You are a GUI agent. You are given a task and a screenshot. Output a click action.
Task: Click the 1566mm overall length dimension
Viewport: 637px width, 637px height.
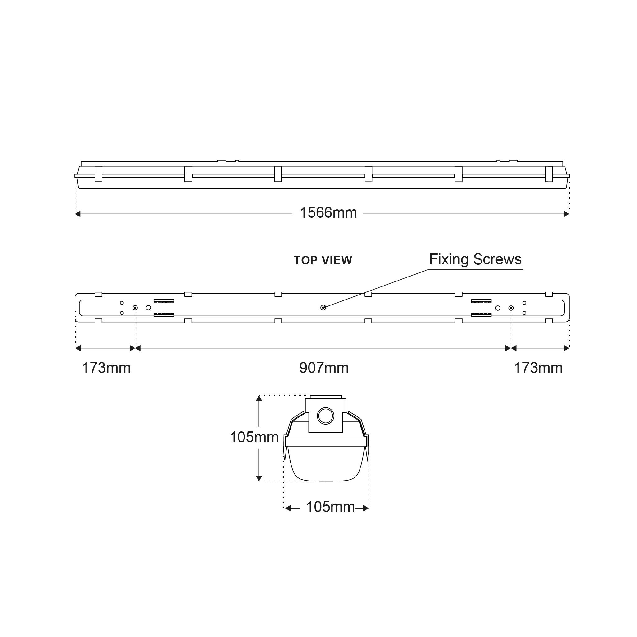click(x=328, y=213)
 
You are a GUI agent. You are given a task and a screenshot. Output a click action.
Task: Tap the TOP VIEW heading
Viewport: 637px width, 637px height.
click(x=323, y=260)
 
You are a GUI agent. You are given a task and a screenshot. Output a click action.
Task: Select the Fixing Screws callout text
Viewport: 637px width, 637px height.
click(x=475, y=259)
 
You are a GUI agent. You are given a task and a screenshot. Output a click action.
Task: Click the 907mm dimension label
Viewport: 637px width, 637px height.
click(x=324, y=368)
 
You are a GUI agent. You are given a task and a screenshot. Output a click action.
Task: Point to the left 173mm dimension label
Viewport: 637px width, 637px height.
click(x=106, y=368)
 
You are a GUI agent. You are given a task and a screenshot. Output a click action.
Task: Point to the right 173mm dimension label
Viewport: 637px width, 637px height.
click(x=538, y=368)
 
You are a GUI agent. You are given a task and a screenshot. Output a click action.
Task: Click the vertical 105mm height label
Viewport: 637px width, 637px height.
click(x=254, y=438)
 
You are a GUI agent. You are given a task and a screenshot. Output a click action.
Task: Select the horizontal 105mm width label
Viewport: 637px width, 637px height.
click(x=330, y=507)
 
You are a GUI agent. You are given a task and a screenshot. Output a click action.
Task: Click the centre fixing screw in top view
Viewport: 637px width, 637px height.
click(x=323, y=308)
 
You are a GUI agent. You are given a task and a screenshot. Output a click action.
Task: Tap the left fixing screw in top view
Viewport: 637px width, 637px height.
click(x=135, y=308)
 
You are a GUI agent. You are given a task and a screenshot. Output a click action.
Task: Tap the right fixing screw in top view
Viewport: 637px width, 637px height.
click(x=511, y=308)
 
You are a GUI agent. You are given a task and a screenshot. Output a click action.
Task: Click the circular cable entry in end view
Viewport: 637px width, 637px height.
click(x=325, y=416)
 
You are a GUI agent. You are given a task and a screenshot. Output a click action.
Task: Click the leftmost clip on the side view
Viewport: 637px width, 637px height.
click(x=98, y=174)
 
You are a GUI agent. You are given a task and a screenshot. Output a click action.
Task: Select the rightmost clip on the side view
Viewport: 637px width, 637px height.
click(x=549, y=174)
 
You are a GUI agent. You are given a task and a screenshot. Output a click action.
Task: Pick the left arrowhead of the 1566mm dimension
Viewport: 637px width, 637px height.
click(x=78, y=214)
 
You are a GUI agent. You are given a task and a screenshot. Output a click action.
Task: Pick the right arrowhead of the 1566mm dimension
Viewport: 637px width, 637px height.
click(x=566, y=214)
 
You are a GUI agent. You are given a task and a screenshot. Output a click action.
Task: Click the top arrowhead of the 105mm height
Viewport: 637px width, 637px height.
click(x=259, y=398)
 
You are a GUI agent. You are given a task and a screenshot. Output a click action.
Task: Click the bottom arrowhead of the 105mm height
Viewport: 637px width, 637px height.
click(x=259, y=478)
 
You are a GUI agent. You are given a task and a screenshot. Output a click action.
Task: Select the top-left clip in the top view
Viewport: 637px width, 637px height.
click(x=98, y=294)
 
